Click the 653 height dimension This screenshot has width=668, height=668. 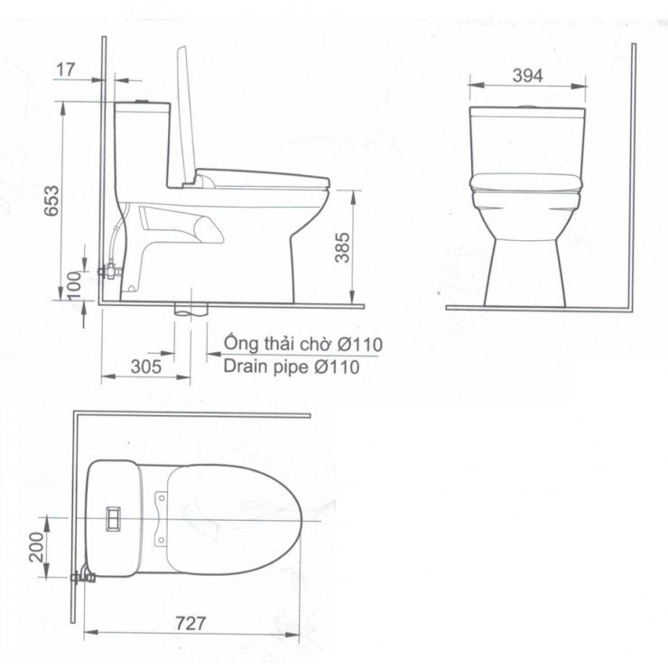[51, 206]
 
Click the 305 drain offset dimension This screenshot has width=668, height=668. [145, 366]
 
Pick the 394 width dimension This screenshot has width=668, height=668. [527, 76]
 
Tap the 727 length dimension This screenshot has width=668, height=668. [190, 623]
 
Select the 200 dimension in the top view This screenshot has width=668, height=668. [37, 546]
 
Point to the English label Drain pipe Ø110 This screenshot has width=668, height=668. [291, 366]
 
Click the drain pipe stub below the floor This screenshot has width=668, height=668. [190, 310]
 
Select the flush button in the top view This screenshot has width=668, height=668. [114, 518]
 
